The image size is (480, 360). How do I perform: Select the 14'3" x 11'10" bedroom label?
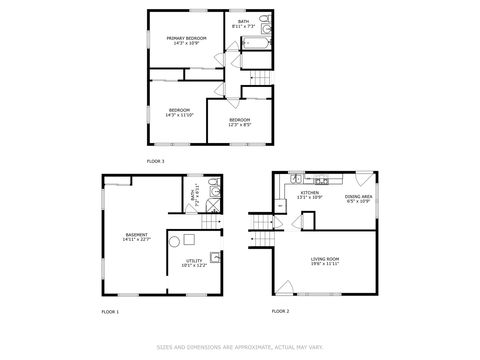click(180, 112)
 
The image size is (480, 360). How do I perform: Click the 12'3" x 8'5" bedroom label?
click(240, 122)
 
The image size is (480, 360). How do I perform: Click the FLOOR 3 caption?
click(155, 161)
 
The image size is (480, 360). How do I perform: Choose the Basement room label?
click(136, 237)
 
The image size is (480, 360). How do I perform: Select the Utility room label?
click(193, 263)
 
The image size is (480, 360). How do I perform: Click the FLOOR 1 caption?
click(110, 312)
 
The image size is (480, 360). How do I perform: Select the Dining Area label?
click(359, 198)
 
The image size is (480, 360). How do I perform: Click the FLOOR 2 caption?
click(281, 312)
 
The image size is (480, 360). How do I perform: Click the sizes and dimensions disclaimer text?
click(240, 348)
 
